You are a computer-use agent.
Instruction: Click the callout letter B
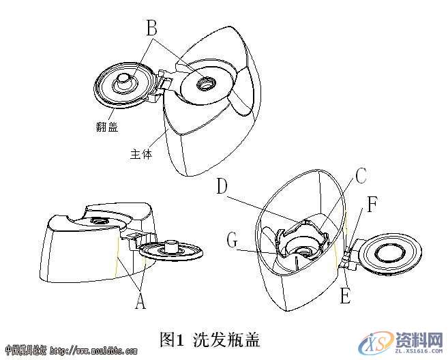152,28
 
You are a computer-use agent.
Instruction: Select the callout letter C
360,176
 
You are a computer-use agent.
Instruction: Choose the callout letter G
233,240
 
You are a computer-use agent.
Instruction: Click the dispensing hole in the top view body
205,85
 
